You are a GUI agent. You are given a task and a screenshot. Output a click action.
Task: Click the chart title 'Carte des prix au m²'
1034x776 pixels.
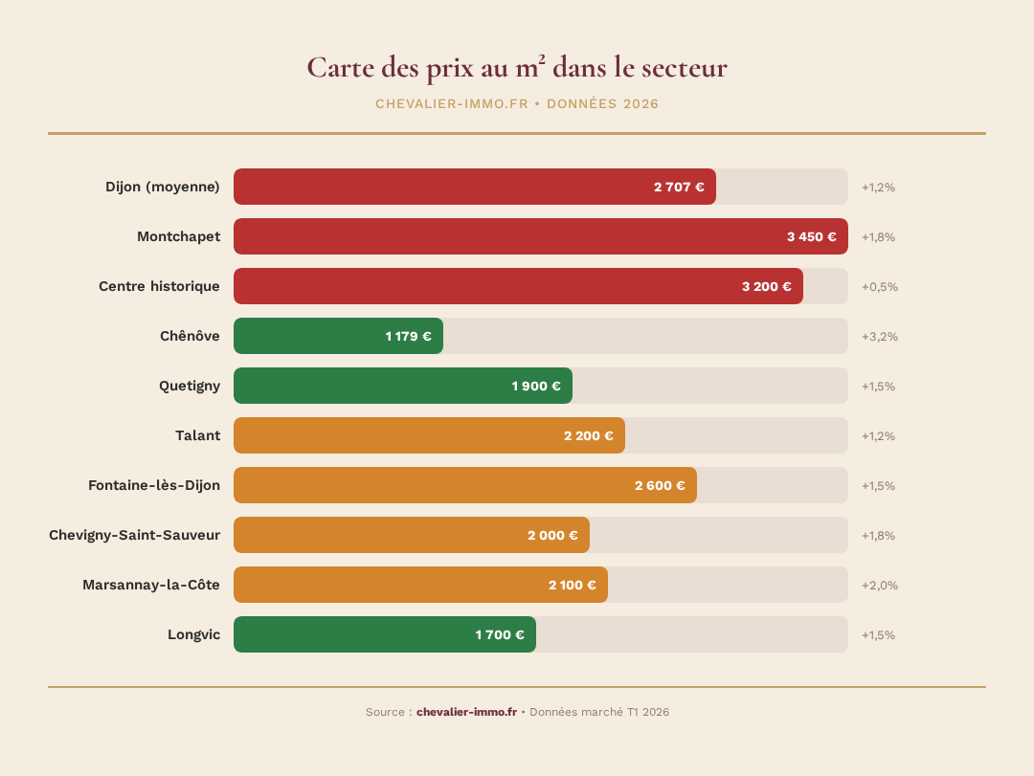pyautogui.click(x=516, y=68)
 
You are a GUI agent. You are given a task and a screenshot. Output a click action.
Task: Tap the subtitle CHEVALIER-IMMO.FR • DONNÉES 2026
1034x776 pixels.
pyautogui.click(x=516, y=104)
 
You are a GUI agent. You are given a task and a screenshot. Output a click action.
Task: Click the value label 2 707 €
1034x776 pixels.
pyautogui.click(x=679, y=188)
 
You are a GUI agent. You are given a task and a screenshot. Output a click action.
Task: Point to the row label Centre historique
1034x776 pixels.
pyautogui.click(x=159, y=286)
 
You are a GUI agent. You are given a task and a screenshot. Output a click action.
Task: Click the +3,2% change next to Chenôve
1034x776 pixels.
pyautogui.click(x=879, y=337)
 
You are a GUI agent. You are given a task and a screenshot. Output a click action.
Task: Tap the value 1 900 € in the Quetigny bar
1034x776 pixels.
pyautogui.click(x=536, y=387)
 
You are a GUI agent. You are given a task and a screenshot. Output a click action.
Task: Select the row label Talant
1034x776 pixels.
pyautogui.click(x=197, y=435)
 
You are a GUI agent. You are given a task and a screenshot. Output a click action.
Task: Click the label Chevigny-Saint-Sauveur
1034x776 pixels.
pyautogui.click(x=134, y=535)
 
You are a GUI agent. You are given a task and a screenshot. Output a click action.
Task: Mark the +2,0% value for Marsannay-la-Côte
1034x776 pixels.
pyautogui.click(x=879, y=586)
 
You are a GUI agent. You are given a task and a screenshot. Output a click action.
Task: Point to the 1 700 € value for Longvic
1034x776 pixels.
pyautogui.click(x=500, y=635)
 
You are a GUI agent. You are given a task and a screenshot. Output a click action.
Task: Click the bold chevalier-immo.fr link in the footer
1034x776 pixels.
pyautogui.click(x=466, y=712)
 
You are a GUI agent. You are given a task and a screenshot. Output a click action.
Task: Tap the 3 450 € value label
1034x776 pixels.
pyautogui.click(x=811, y=237)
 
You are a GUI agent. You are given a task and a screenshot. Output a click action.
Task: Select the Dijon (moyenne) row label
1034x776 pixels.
pyautogui.click(x=162, y=187)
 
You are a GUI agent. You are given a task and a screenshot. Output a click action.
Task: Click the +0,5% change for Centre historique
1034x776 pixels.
pyautogui.click(x=879, y=287)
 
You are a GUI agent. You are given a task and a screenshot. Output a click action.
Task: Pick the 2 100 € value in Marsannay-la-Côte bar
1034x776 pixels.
pyautogui.click(x=572, y=586)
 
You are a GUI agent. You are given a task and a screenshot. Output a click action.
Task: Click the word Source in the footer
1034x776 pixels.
pyautogui.click(x=386, y=712)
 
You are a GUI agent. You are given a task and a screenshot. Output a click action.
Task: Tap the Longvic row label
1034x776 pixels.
pyautogui.click(x=193, y=634)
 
